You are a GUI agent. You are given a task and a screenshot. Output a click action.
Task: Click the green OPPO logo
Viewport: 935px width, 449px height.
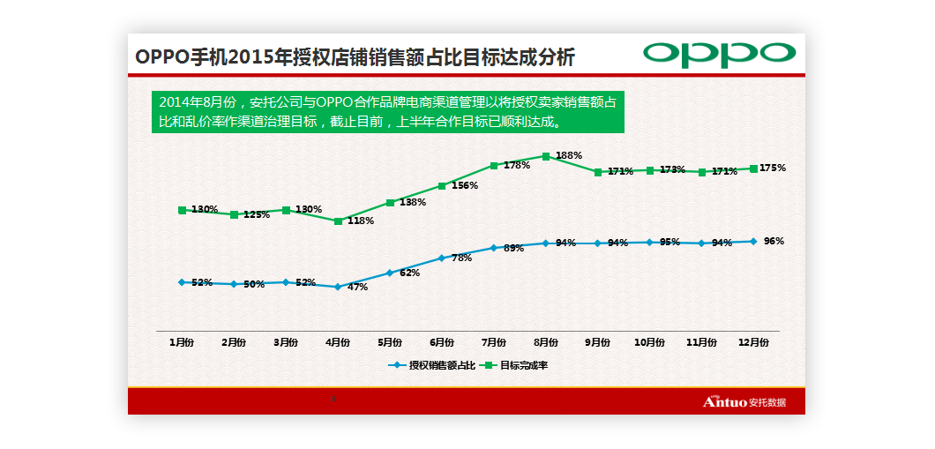click(719, 54)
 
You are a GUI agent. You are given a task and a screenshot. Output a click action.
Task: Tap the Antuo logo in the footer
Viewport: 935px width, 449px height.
click(744, 402)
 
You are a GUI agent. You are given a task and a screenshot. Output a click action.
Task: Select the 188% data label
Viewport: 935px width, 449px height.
click(569, 156)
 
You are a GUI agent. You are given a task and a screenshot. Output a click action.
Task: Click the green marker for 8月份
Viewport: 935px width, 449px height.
click(546, 156)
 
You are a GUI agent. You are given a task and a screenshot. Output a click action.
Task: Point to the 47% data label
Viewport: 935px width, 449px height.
click(357, 288)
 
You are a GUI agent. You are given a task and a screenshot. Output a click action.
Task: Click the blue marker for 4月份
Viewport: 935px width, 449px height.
click(338, 287)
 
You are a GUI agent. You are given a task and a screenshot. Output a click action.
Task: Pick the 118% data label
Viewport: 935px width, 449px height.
click(361, 221)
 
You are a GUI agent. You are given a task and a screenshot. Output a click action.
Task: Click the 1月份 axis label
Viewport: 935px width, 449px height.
click(182, 342)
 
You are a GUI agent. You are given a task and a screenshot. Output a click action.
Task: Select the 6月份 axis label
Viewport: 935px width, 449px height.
click(441, 342)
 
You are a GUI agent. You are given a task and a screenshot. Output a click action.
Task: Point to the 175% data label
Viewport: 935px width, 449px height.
click(773, 168)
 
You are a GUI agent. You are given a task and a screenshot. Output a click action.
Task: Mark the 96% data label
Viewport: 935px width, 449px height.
click(774, 241)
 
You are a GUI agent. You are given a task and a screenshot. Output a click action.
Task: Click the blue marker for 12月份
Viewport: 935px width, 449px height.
click(753, 241)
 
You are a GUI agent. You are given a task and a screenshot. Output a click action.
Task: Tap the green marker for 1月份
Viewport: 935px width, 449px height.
click(182, 210)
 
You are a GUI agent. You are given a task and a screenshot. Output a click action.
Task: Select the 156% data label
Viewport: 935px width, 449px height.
click(465, 186)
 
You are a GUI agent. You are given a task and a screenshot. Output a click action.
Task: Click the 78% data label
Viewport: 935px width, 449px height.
click(461, 258)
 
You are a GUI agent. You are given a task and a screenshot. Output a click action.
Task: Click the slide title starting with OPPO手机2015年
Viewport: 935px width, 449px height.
click(355, 57)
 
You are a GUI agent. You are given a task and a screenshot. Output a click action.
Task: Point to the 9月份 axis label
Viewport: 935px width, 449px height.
click(597, 342)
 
